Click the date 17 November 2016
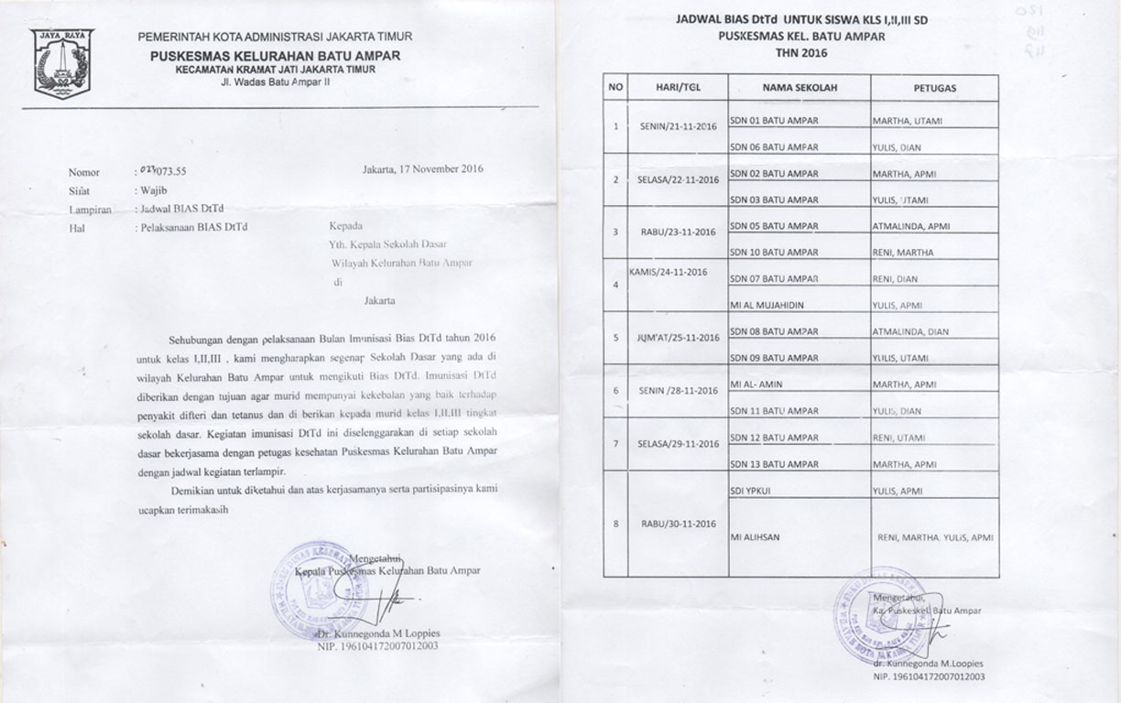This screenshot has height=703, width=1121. click(423, 168)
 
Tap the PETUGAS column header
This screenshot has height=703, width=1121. click(934, 88)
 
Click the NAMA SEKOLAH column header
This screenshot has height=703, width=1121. click(799, 88)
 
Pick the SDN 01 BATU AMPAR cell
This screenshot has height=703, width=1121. click(773, 121)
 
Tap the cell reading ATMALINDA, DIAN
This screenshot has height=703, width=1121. click(911, 332)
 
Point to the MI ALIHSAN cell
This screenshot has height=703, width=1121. click(755, 537)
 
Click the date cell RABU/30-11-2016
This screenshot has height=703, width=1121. click(677, 525)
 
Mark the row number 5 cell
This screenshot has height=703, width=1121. click(615, 337)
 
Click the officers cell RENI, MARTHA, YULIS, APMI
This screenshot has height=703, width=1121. click(934, 537)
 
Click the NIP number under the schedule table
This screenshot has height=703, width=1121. click(929, 676)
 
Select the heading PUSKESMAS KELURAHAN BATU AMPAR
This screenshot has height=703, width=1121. click(275, 57)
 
